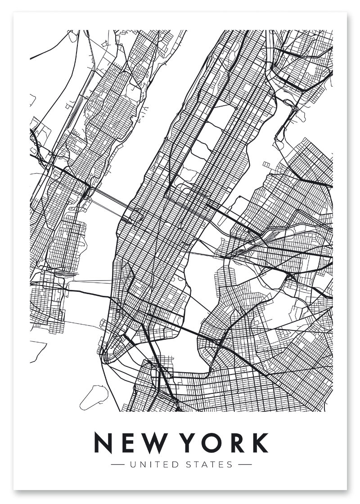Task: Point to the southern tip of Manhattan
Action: [104, 360]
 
